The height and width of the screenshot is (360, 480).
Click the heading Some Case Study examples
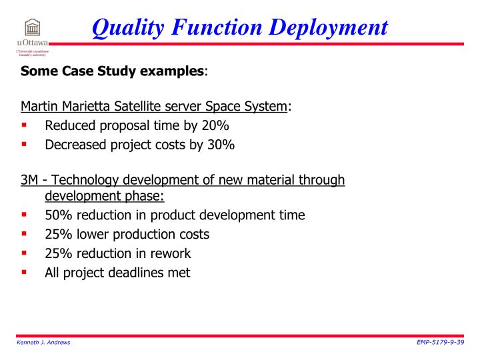tap(112, 71)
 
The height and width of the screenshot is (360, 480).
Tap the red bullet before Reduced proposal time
tap(24, 125)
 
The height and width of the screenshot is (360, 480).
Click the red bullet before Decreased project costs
tap(24, 143)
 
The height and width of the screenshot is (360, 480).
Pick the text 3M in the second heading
tap(29, 180)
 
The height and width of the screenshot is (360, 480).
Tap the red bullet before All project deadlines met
tap(24, 271)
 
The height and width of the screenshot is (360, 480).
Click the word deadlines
tap(135, 272)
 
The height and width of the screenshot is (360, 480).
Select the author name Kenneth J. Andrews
tap(44, 342)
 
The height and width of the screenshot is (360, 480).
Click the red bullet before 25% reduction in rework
tap(24, 253)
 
